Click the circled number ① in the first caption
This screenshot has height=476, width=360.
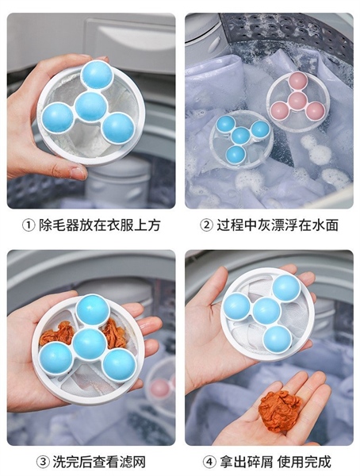pyautogui.click(x=29, y=225)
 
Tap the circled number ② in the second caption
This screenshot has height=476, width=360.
pyautogui.click(x=206, y=225)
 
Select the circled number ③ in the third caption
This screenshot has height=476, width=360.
pyautogui.click(x=43, y=462)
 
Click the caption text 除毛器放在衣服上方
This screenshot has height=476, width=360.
pyautogui.click(x=100, y=225)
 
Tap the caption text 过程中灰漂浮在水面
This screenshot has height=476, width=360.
pyautogui.click(x=278, y=225)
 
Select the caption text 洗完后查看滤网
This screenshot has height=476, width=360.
pyautogui.click(x=99, y=462)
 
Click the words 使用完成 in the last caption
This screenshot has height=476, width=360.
pyautogui.click(x=304, y=462)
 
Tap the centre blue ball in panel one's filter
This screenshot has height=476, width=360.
pyautogui.click(x=90, y=106)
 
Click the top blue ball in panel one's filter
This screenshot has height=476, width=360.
pyautogui.click(x=97, y=75)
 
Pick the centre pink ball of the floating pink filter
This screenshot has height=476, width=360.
pyautogui.click(x=297, y=101)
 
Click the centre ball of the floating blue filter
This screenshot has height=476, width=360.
pyautogui.click(x=241, y=136)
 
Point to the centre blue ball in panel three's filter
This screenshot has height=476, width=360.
pyautogui.click(x=90, y=344)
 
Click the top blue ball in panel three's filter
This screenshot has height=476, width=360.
pyautogui.click(x=92, y=310)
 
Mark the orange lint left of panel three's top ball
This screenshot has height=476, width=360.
pyautogui.click(x=56, y=333)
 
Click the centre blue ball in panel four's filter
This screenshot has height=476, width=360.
pyautogui.click(x=266, y=311)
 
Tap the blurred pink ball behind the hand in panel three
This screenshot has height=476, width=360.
pyautogui.click(x=160, y=388)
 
